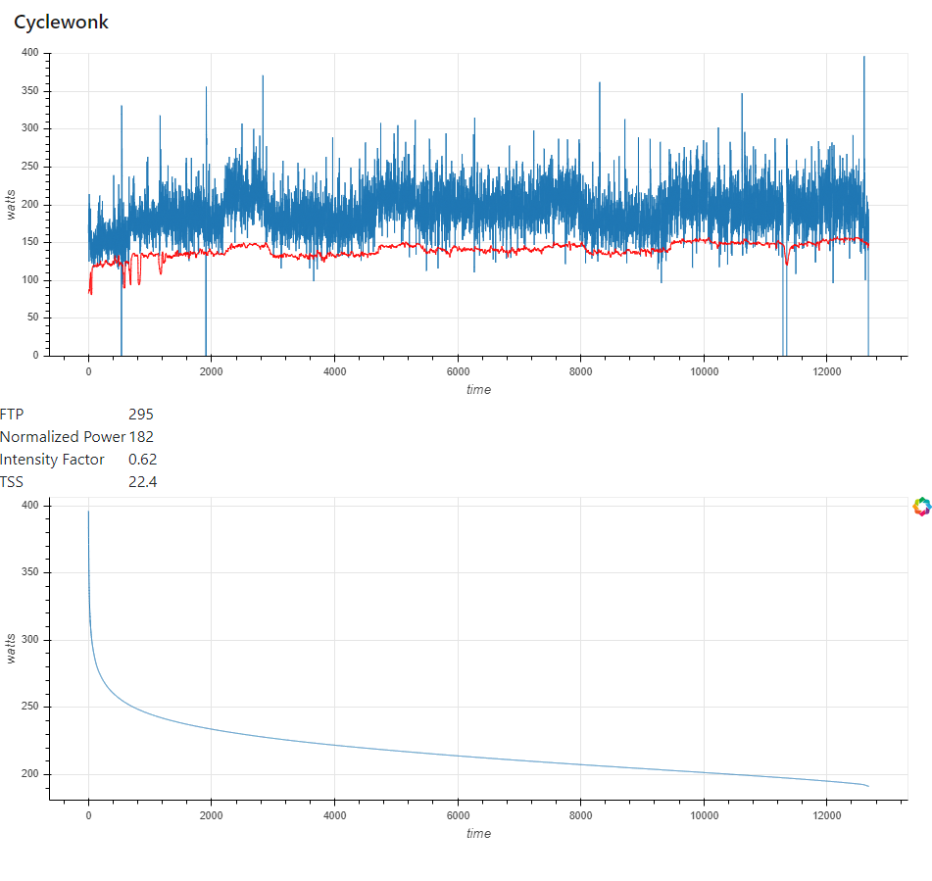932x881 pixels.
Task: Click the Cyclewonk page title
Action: (61, 23)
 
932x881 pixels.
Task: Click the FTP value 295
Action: (141, 415)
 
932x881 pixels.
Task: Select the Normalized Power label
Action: (63, 437)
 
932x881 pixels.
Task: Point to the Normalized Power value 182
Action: (141, 437)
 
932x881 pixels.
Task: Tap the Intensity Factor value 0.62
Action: (142, 460)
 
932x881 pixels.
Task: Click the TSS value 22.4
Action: (142, 482)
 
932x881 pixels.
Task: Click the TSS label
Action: (12, 482)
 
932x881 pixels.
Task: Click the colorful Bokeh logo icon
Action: (920, 507)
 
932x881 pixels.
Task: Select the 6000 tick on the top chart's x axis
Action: (458, 371)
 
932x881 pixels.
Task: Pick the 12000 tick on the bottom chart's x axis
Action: (826, 815)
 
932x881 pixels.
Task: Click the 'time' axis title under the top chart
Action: (478, 389)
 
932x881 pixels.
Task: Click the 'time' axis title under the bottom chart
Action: (478, 833)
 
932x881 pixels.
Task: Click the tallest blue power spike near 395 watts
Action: (863, 59)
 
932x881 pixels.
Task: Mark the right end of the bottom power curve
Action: (868, 786)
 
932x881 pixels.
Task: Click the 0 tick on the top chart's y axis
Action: (35, 356)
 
